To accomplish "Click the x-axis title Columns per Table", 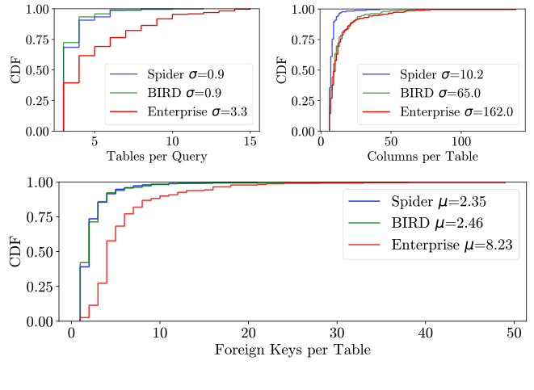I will pos(421,156).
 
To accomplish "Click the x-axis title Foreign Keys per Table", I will pos(293,350).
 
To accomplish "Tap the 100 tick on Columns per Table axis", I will pos(461,140).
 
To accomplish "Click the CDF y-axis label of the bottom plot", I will pos(15,252).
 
